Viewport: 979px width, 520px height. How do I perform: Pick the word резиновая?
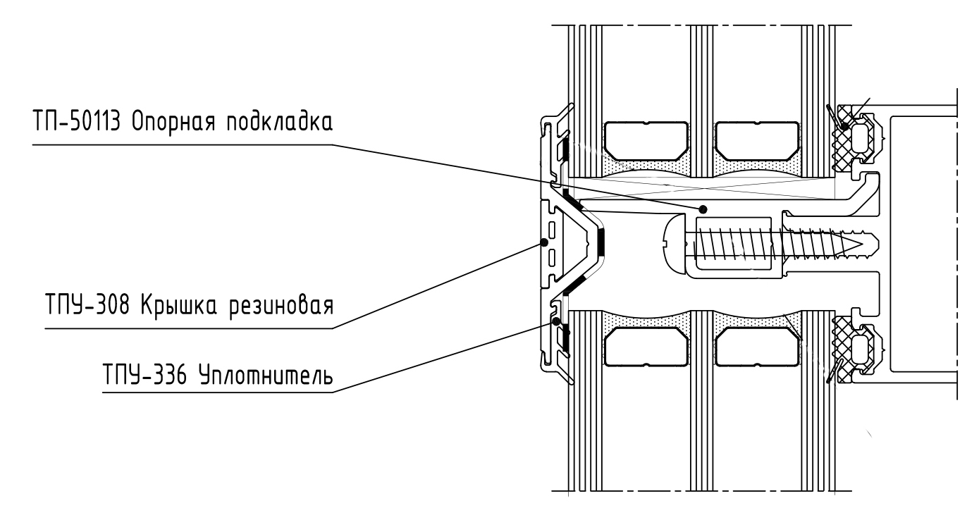pos(285,308)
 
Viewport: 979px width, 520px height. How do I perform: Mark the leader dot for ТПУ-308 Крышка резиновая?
pos(544,242)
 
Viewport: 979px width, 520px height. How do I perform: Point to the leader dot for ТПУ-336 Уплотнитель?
pos(557,321)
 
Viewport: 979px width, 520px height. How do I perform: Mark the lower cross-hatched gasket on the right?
pos(844,345)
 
